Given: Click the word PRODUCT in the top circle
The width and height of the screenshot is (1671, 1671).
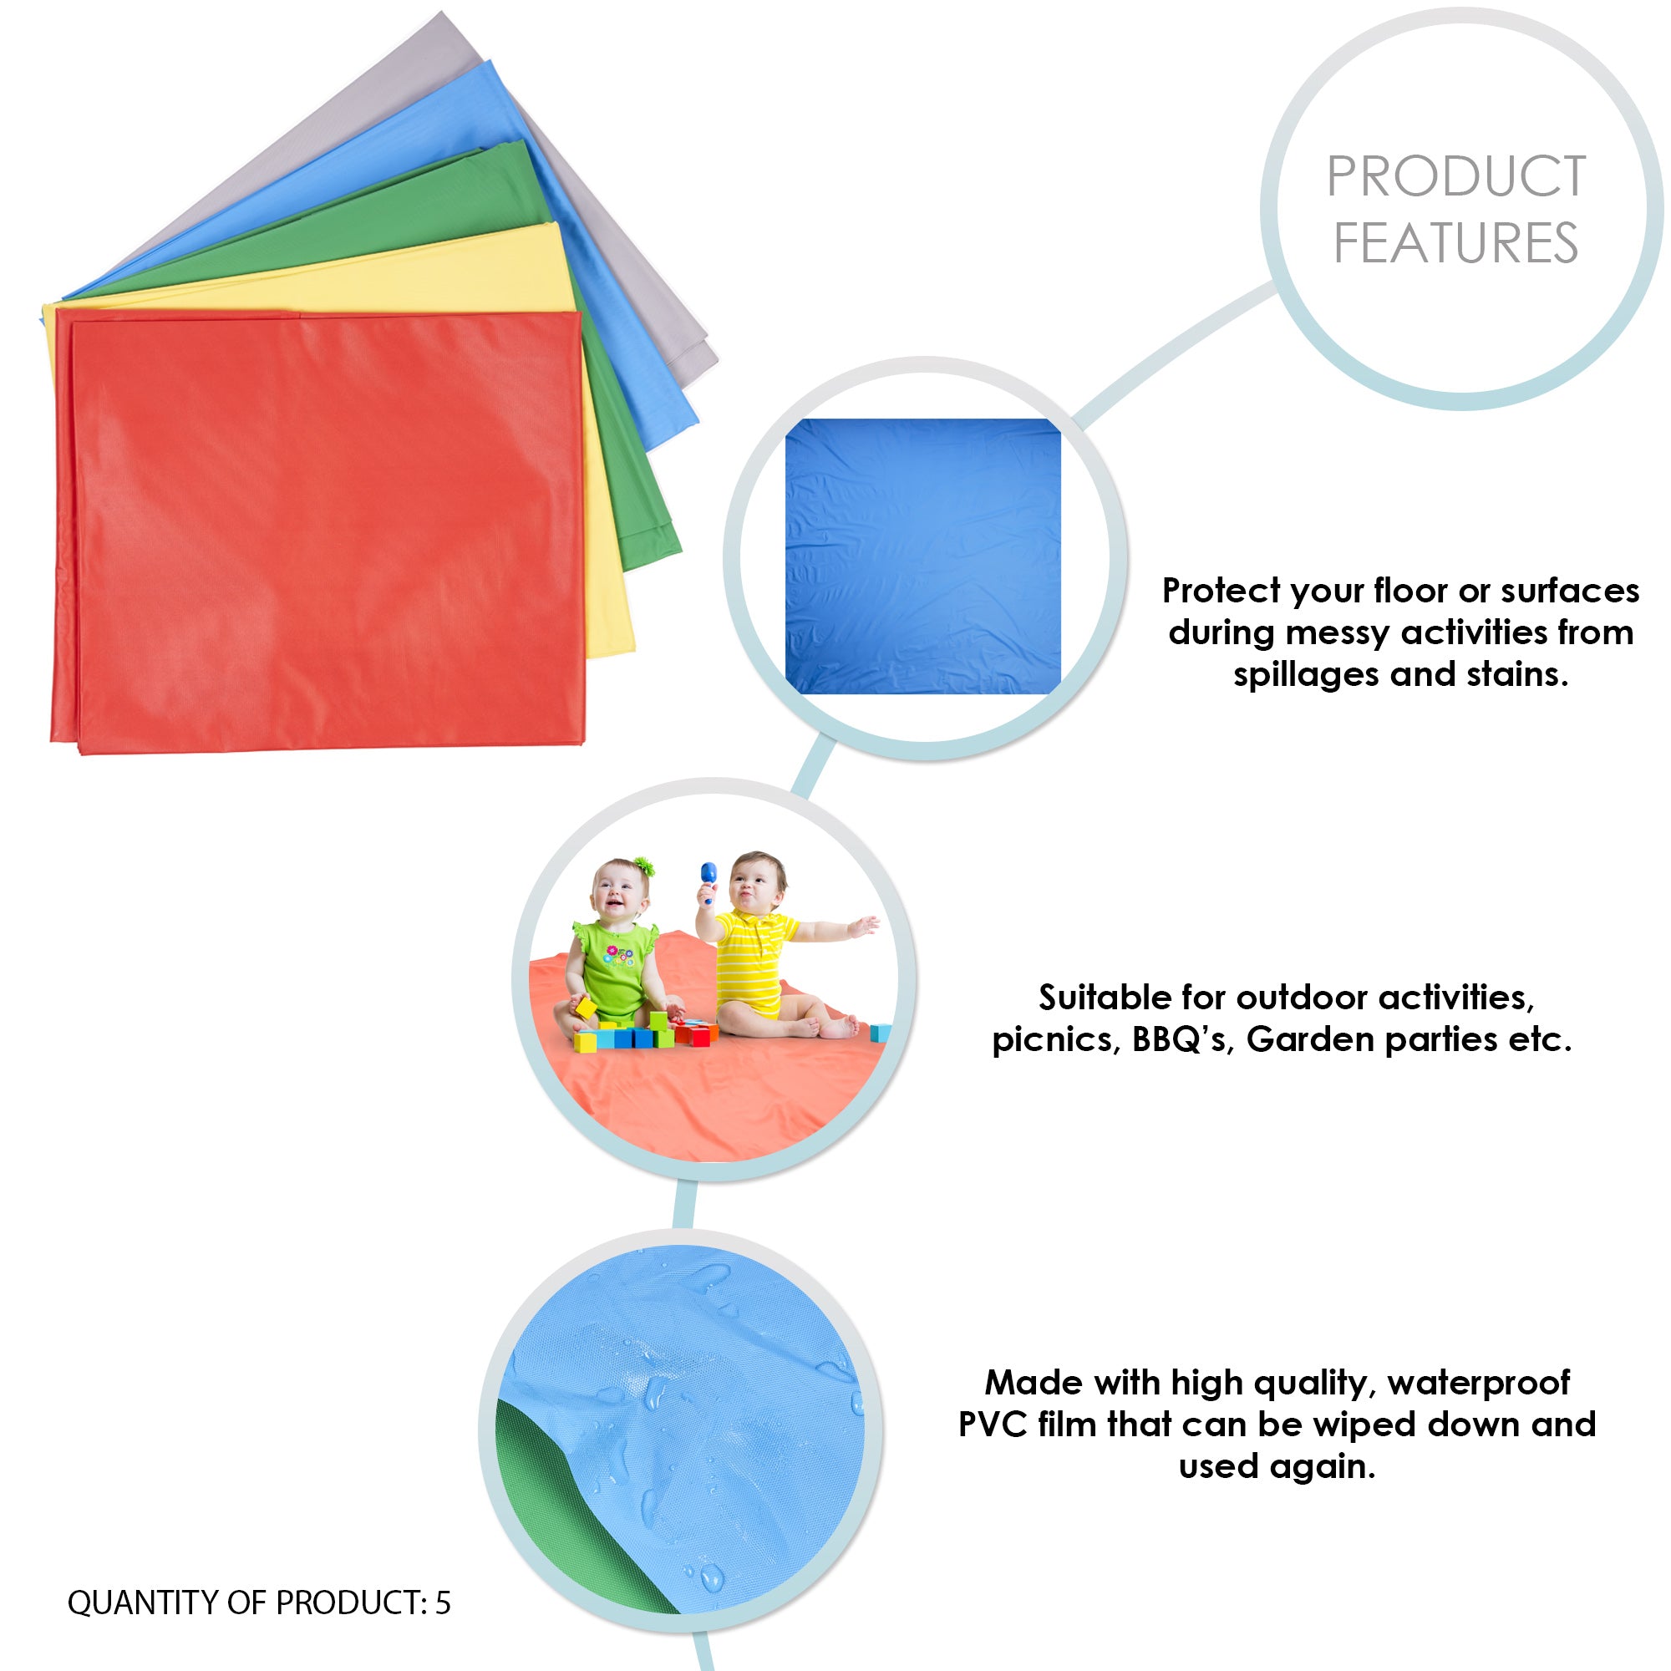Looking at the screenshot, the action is (1456, 176).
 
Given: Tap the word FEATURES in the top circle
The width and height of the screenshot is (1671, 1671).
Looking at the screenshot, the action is (1456, 243).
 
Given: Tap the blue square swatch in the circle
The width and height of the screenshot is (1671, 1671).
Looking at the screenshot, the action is (923, 556).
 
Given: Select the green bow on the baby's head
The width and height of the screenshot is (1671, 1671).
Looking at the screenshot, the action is (643, 866).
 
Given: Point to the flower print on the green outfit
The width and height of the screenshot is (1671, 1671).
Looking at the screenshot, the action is (619, 957).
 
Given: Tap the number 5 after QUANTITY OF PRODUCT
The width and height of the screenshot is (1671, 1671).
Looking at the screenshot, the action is (442, 1602).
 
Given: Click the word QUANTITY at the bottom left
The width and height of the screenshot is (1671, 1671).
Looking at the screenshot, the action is (143, 1602).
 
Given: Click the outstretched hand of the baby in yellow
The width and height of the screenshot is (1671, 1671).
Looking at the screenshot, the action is (863, 927).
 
